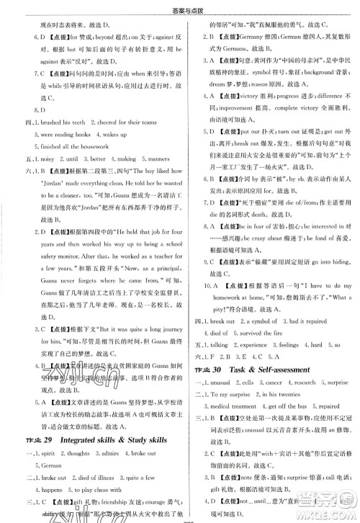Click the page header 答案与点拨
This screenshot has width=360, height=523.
tap(180, 6)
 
